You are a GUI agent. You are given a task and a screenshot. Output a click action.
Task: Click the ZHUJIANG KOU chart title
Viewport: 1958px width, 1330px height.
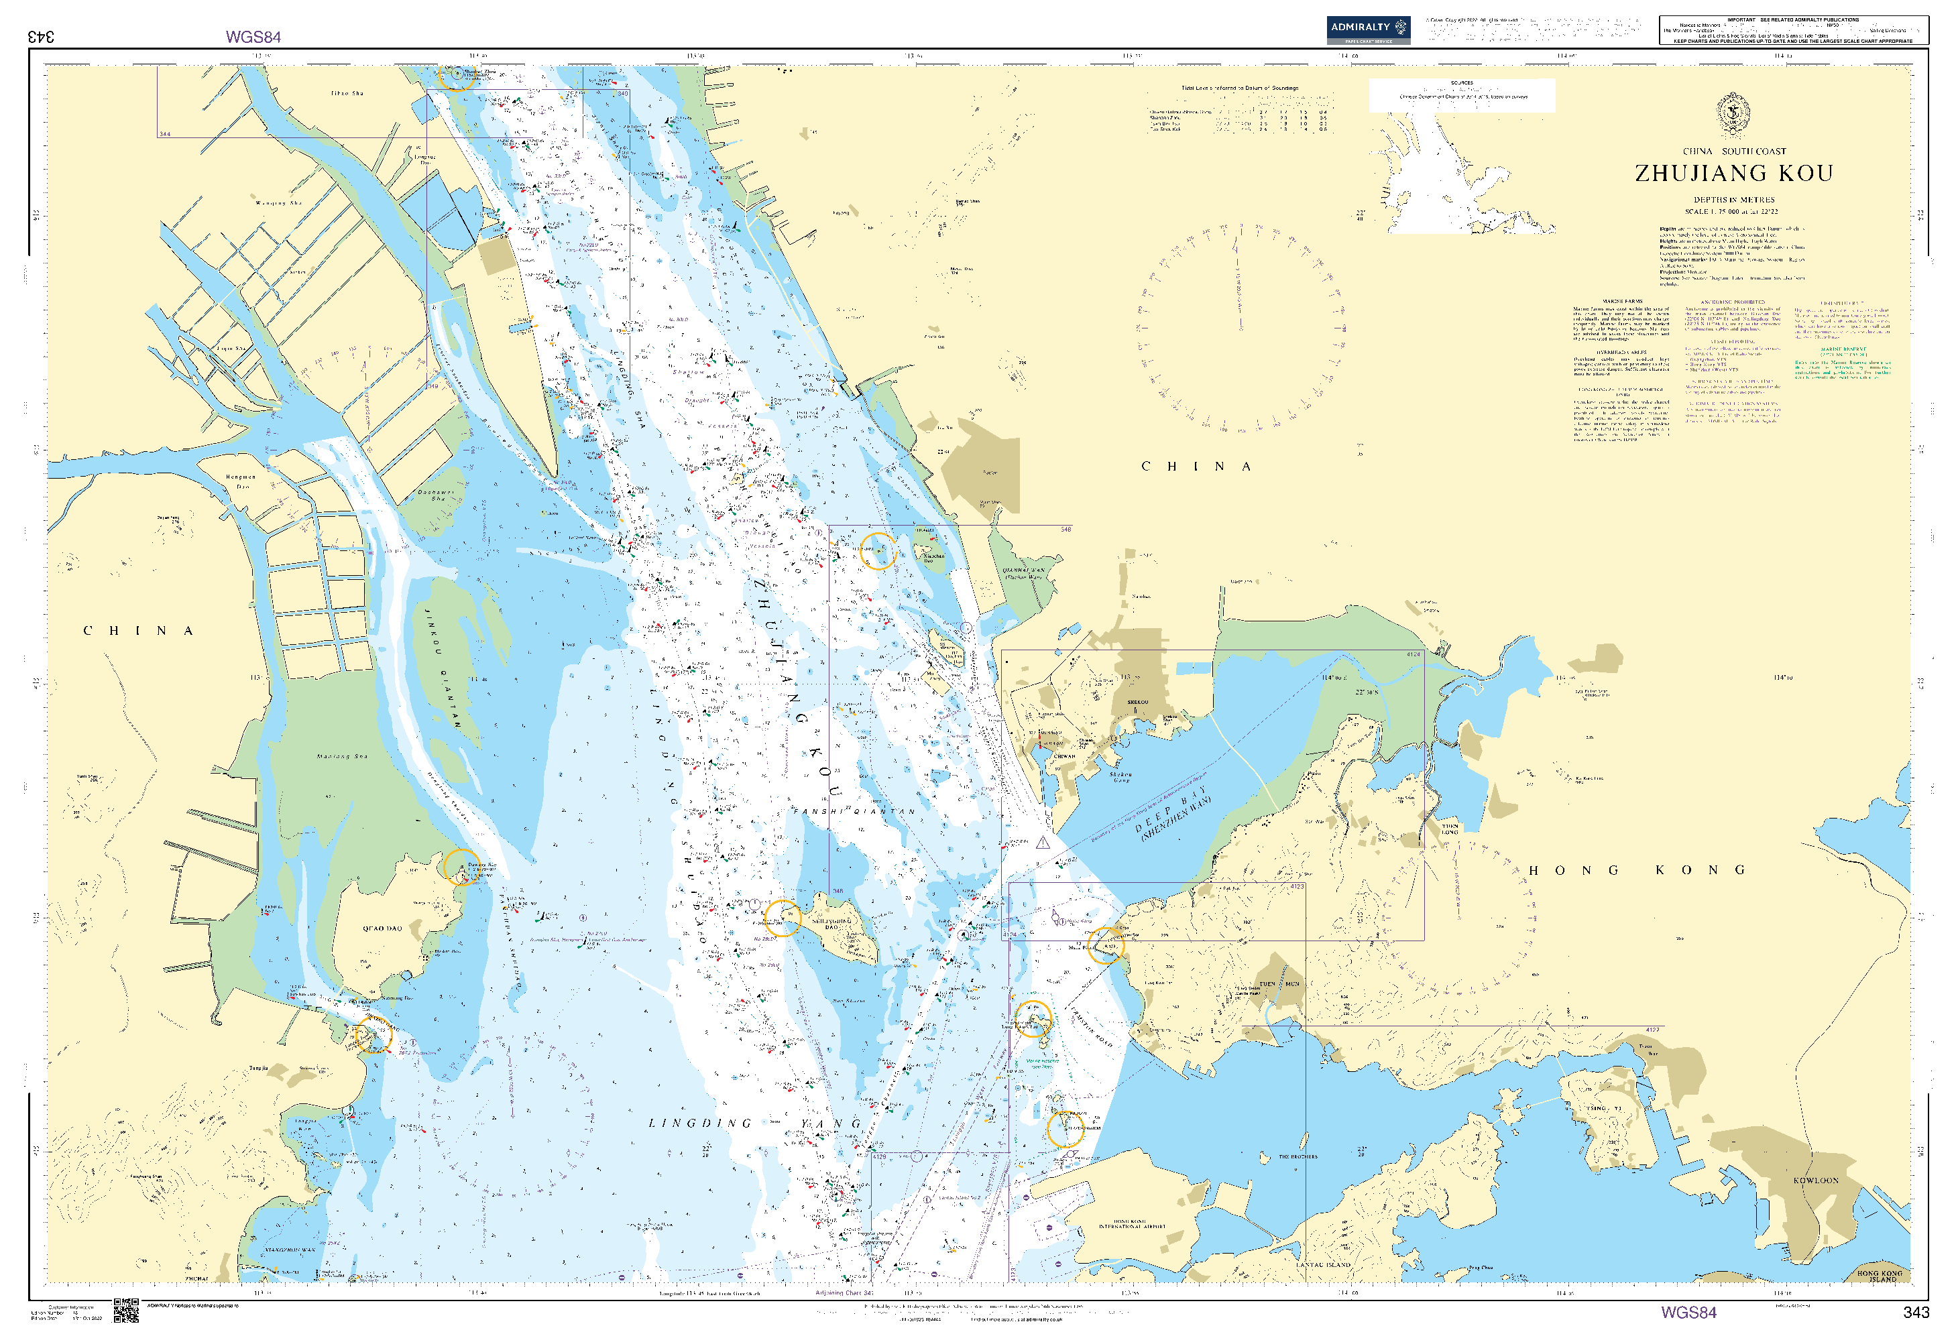click(1733, 174)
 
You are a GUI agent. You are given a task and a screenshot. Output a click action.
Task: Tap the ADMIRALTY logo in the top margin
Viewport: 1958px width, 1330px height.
click(1367, 29)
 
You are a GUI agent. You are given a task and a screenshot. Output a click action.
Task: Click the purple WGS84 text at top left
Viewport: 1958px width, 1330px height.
click(253, 37)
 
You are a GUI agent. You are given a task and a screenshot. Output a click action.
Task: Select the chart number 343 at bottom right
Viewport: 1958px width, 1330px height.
click(1915, 1311)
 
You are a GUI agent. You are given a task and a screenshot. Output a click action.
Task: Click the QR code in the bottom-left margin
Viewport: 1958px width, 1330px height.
click(125, 1310)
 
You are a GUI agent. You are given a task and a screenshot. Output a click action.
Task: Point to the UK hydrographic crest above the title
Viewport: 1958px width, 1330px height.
click(1733, 115)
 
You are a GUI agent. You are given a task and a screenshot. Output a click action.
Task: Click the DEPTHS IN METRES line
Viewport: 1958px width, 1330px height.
click(1733, 200)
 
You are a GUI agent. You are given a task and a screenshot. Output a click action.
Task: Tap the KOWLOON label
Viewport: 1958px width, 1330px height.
click(1816, 1180)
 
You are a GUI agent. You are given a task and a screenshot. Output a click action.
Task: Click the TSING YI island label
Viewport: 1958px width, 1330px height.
click(1603, 1109)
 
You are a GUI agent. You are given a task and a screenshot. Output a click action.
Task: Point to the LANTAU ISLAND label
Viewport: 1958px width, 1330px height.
click(1323, 1265)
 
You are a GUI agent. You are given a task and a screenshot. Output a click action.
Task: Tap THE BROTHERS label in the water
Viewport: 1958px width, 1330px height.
click(1298, 1156)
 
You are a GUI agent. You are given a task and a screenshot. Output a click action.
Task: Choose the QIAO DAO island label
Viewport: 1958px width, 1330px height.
click(382, 928)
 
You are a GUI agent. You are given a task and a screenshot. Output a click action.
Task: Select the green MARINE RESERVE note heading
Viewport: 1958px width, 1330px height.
click(1843, 349)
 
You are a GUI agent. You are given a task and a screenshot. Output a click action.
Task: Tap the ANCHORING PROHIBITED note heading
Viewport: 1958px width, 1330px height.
click(1732, 302)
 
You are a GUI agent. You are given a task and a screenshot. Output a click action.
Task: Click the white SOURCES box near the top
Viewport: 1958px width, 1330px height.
click(1461, 95)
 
